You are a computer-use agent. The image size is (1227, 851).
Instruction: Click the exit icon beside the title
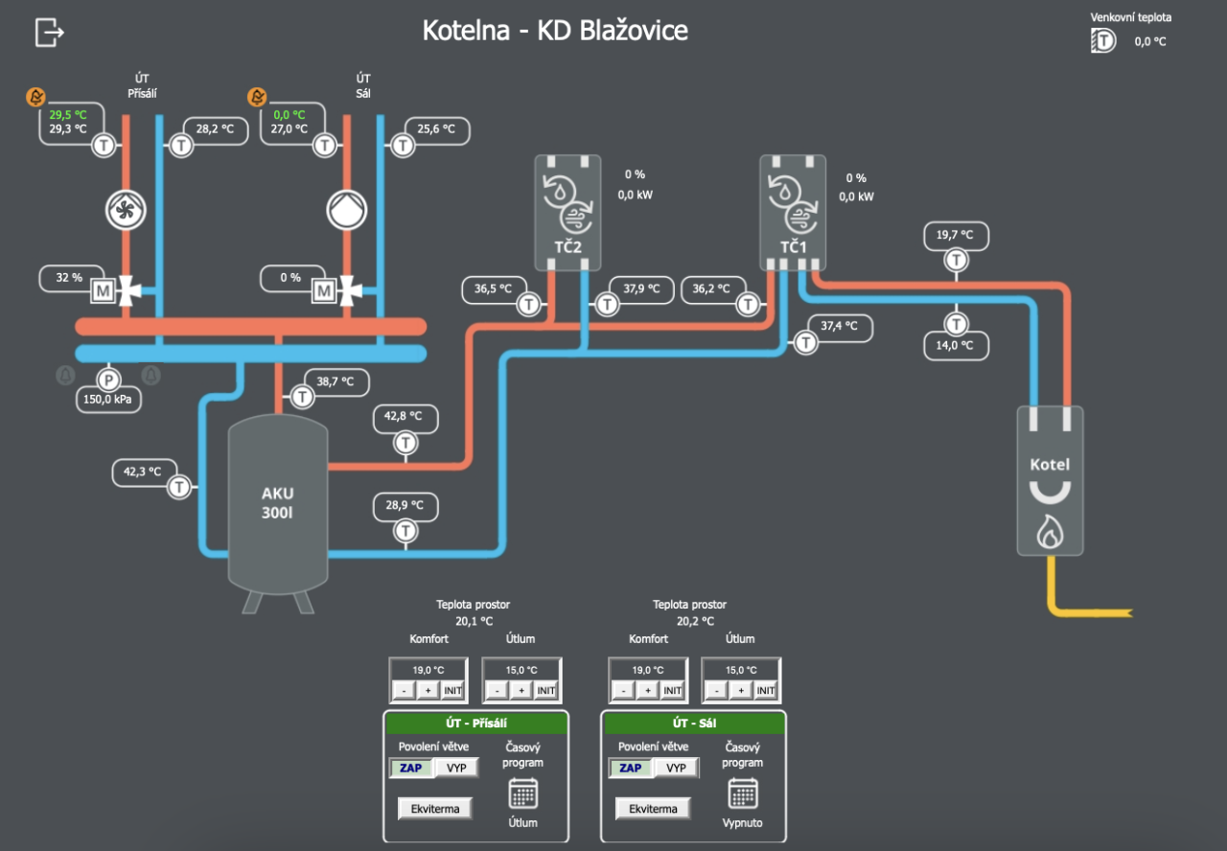[x=49, y=32]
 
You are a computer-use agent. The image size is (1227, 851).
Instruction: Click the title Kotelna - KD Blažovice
[x=555, y=31]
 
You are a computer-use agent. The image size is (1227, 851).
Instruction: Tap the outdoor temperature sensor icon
[x=1103, y=40]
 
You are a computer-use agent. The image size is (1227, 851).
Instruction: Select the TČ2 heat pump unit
[x=567, y=212]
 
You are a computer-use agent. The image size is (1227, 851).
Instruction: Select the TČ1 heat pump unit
[x=793, y=212]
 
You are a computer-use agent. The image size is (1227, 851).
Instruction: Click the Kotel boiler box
[x=1050, y=480]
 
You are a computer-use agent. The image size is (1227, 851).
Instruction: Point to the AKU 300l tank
[x=278, y=503]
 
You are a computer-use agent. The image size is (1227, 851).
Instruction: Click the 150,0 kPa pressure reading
[x=108, y=399]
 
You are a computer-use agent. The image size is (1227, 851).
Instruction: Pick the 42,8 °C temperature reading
[x=405, y=416]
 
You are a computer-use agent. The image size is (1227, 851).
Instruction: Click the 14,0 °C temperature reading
[x=955, y=345]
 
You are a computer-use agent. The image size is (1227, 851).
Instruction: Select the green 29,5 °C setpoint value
[x=68, y=114]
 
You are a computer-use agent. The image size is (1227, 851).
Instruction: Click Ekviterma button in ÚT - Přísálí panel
[x=435, y=808]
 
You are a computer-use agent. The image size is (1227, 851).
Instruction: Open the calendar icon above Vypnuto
[x=743, y=793]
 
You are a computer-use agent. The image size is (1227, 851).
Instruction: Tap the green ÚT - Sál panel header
[x=693, y=723]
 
